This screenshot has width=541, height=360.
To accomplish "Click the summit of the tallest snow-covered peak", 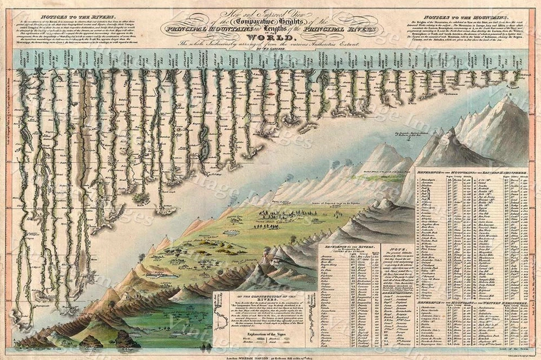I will click(514, 101).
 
